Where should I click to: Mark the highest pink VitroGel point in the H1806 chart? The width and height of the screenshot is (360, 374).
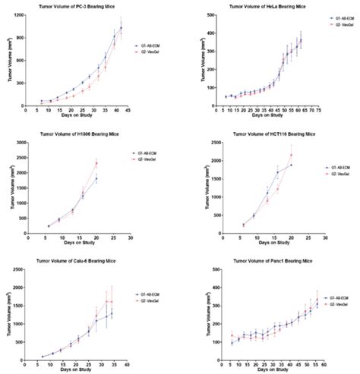pyautogui.click(x=96, y=163)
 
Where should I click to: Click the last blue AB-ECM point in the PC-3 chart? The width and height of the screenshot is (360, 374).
pyautogui.click(x=121, y=28)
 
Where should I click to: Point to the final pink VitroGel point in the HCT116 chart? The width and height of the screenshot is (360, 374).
pyautogui.click(x=290, y=156)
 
